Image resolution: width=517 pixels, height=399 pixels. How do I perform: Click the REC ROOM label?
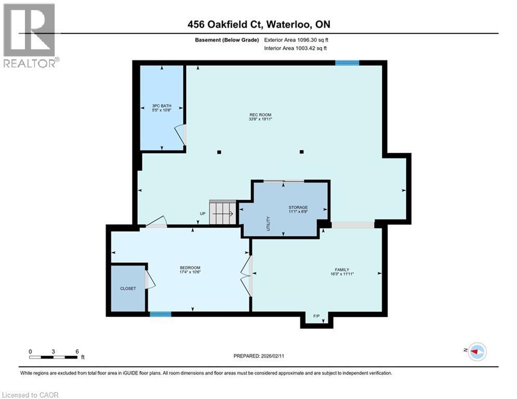pos(260,115)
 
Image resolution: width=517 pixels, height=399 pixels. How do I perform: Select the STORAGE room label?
pos(298,207)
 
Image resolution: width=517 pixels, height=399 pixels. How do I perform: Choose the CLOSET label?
pos(128,288)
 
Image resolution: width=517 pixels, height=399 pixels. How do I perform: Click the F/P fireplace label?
pos(316,316)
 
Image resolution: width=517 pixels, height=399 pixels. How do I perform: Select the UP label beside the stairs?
pos(203,214)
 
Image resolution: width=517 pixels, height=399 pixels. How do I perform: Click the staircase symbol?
pos(223,212)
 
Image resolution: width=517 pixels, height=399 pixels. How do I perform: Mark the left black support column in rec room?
pos(219,152)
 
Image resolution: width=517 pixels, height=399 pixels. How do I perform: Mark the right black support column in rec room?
pos(301,152)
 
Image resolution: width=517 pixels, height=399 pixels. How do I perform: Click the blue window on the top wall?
pos(347,63)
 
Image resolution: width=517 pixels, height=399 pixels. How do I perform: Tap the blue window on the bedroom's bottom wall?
pos(161,314)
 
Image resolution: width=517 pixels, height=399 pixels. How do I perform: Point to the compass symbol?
pos(476,352)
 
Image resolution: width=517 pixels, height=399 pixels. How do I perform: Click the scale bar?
pos(54,357)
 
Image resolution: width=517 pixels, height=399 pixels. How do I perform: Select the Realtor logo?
pos(30,35)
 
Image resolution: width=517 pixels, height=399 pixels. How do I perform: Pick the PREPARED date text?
pos(258,356)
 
